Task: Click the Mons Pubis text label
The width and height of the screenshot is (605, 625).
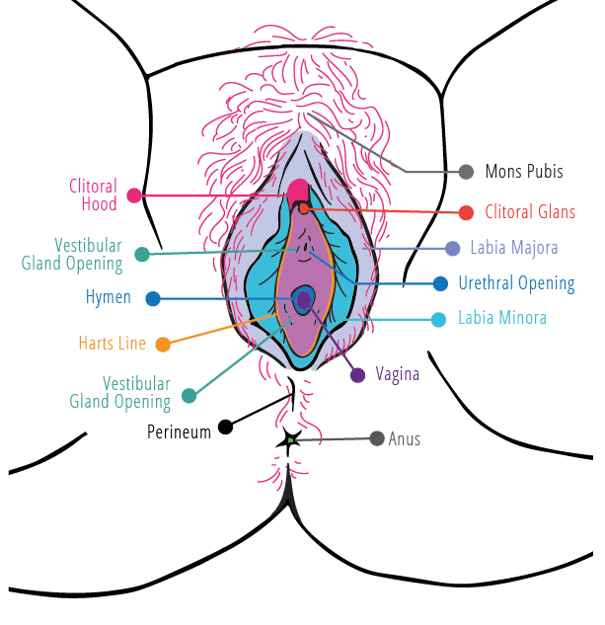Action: click(x=523, y=172)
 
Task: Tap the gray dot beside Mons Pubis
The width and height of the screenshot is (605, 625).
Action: click(x=466, y=172)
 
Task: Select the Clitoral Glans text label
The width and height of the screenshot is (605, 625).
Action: click(x=530, y=212)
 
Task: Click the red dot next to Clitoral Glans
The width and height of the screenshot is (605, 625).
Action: click(x=466, y=212)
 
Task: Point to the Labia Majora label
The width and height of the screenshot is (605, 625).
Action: click(x=513, y=248)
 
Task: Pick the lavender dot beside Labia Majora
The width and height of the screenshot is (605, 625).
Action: click(x=452, y=248)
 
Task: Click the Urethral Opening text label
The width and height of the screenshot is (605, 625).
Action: click(x=515, y=283)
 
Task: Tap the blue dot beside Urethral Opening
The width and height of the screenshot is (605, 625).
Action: click(x=440, y=283)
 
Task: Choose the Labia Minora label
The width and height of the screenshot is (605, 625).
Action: click(x=501, y=318)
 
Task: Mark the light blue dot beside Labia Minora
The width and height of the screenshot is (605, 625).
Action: click(x=439, y=319)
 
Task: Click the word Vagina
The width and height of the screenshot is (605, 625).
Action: click(x=398, y=374)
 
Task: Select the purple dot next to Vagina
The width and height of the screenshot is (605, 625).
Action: click(x=357, y=374)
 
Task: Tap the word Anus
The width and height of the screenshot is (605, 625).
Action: click(x=405, y=438)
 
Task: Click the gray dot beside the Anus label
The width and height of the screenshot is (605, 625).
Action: click(x=376, y=438)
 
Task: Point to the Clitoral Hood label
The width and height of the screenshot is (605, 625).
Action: click(x=93, y=195)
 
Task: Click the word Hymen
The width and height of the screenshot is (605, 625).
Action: click(x=108, y=297)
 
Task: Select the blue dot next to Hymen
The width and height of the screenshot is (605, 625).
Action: click(x=152, y=298)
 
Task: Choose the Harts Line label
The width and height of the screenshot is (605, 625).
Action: click(x=112, y=344)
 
